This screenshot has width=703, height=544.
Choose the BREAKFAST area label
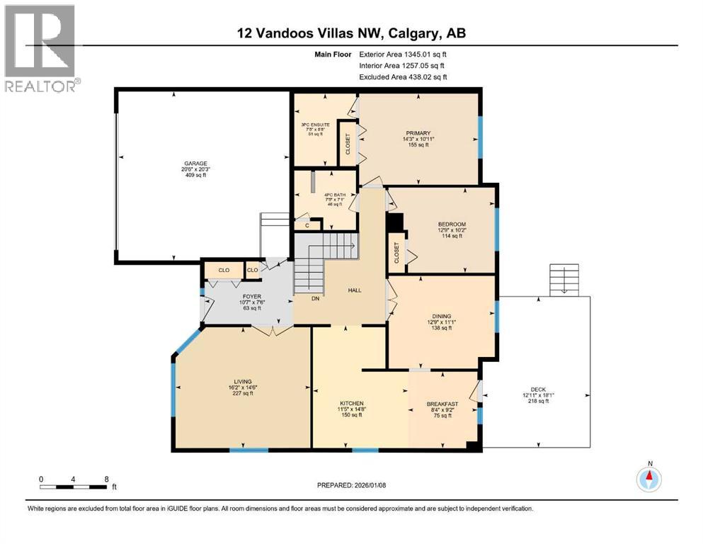point(442,404)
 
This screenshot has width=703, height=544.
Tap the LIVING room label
point(243,381)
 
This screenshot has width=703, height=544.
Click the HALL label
point(355,290)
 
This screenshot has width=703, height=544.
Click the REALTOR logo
point(42,49)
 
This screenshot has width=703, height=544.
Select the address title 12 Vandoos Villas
point(351,33)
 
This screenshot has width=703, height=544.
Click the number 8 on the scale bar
point(106,479)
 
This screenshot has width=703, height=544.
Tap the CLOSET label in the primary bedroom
point(348,143)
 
